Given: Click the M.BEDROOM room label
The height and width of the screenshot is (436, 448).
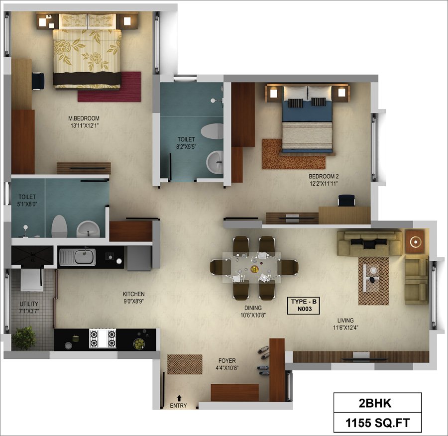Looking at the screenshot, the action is pyautogui.click(x=84, y=118).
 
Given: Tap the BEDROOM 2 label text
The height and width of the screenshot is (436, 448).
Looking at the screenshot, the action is pyautogui.click(x=324, y=176).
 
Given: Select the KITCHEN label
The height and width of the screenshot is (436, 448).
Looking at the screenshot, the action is pyautogui.click(x=134, y=294).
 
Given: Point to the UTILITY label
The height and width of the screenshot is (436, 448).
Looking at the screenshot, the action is pyautogui.click(x=29, y=304).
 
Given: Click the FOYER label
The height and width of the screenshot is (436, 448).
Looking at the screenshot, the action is pyautogui.click(x=227, y=361).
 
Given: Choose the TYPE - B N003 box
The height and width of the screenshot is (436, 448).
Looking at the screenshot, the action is pyautogui.click(x=304, y=305).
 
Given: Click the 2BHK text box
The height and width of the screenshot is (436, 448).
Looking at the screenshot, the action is pyautogui.click(x=377, y=403).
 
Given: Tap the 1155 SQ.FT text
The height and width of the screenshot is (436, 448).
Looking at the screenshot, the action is pyautogui.click(x=378, y=423).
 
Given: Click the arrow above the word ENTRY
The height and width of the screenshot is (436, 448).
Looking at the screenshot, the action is pyautogui.click(x=179, y=398).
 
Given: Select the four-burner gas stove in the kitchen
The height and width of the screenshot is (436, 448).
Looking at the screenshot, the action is pyautogui.click(x=103, y=338).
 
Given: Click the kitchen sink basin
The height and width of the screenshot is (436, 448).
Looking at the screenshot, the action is pyautogui.click(x=85, y=257).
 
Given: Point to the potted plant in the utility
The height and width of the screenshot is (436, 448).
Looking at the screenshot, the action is pyautogui.click(x=24, y=338).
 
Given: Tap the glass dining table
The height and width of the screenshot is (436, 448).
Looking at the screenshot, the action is pyautogui.click(x=252, y=268).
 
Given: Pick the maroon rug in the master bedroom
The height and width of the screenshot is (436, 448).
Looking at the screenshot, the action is pyautogui.click(x=110, y=87).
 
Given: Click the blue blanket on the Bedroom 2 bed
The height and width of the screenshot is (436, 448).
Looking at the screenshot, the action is pyautogui.click(x=307, y=111).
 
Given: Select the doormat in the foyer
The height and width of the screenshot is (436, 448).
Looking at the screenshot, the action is pyautogui.click(x=185, y=364).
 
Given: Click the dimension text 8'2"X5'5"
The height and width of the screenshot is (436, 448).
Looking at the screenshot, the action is pyautogui.click(x=186, y=147).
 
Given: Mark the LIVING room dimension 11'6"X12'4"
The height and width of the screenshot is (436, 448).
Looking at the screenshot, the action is pyautogui.click(x=345, y=327).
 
